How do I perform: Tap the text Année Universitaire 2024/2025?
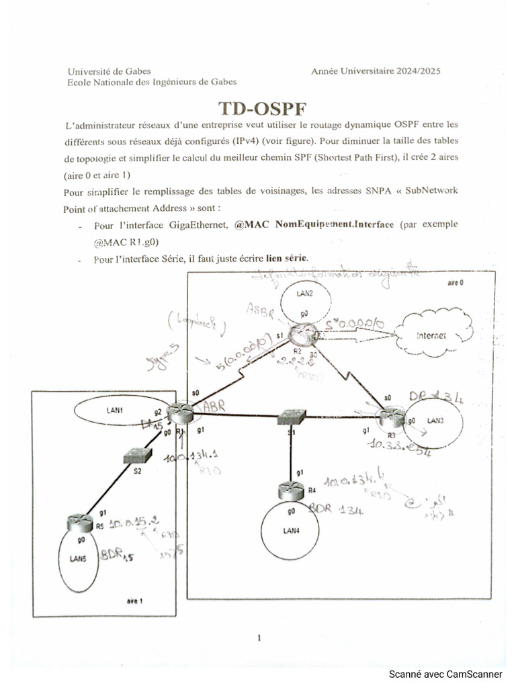coord(376,71)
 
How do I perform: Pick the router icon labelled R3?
coord(389,419)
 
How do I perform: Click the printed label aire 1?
coord(135,600)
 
